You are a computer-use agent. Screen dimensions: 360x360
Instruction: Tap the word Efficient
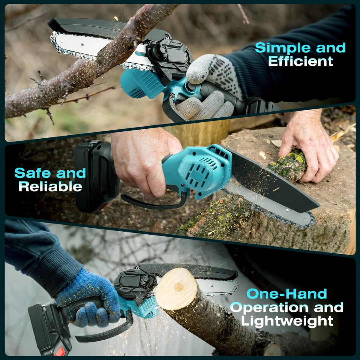tap(301, 61)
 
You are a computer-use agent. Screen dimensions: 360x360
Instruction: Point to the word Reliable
tap(50, 187)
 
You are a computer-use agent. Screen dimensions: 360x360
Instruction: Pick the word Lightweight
tap(287, 321)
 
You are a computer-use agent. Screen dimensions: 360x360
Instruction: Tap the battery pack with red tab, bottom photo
tap(50, 330)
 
